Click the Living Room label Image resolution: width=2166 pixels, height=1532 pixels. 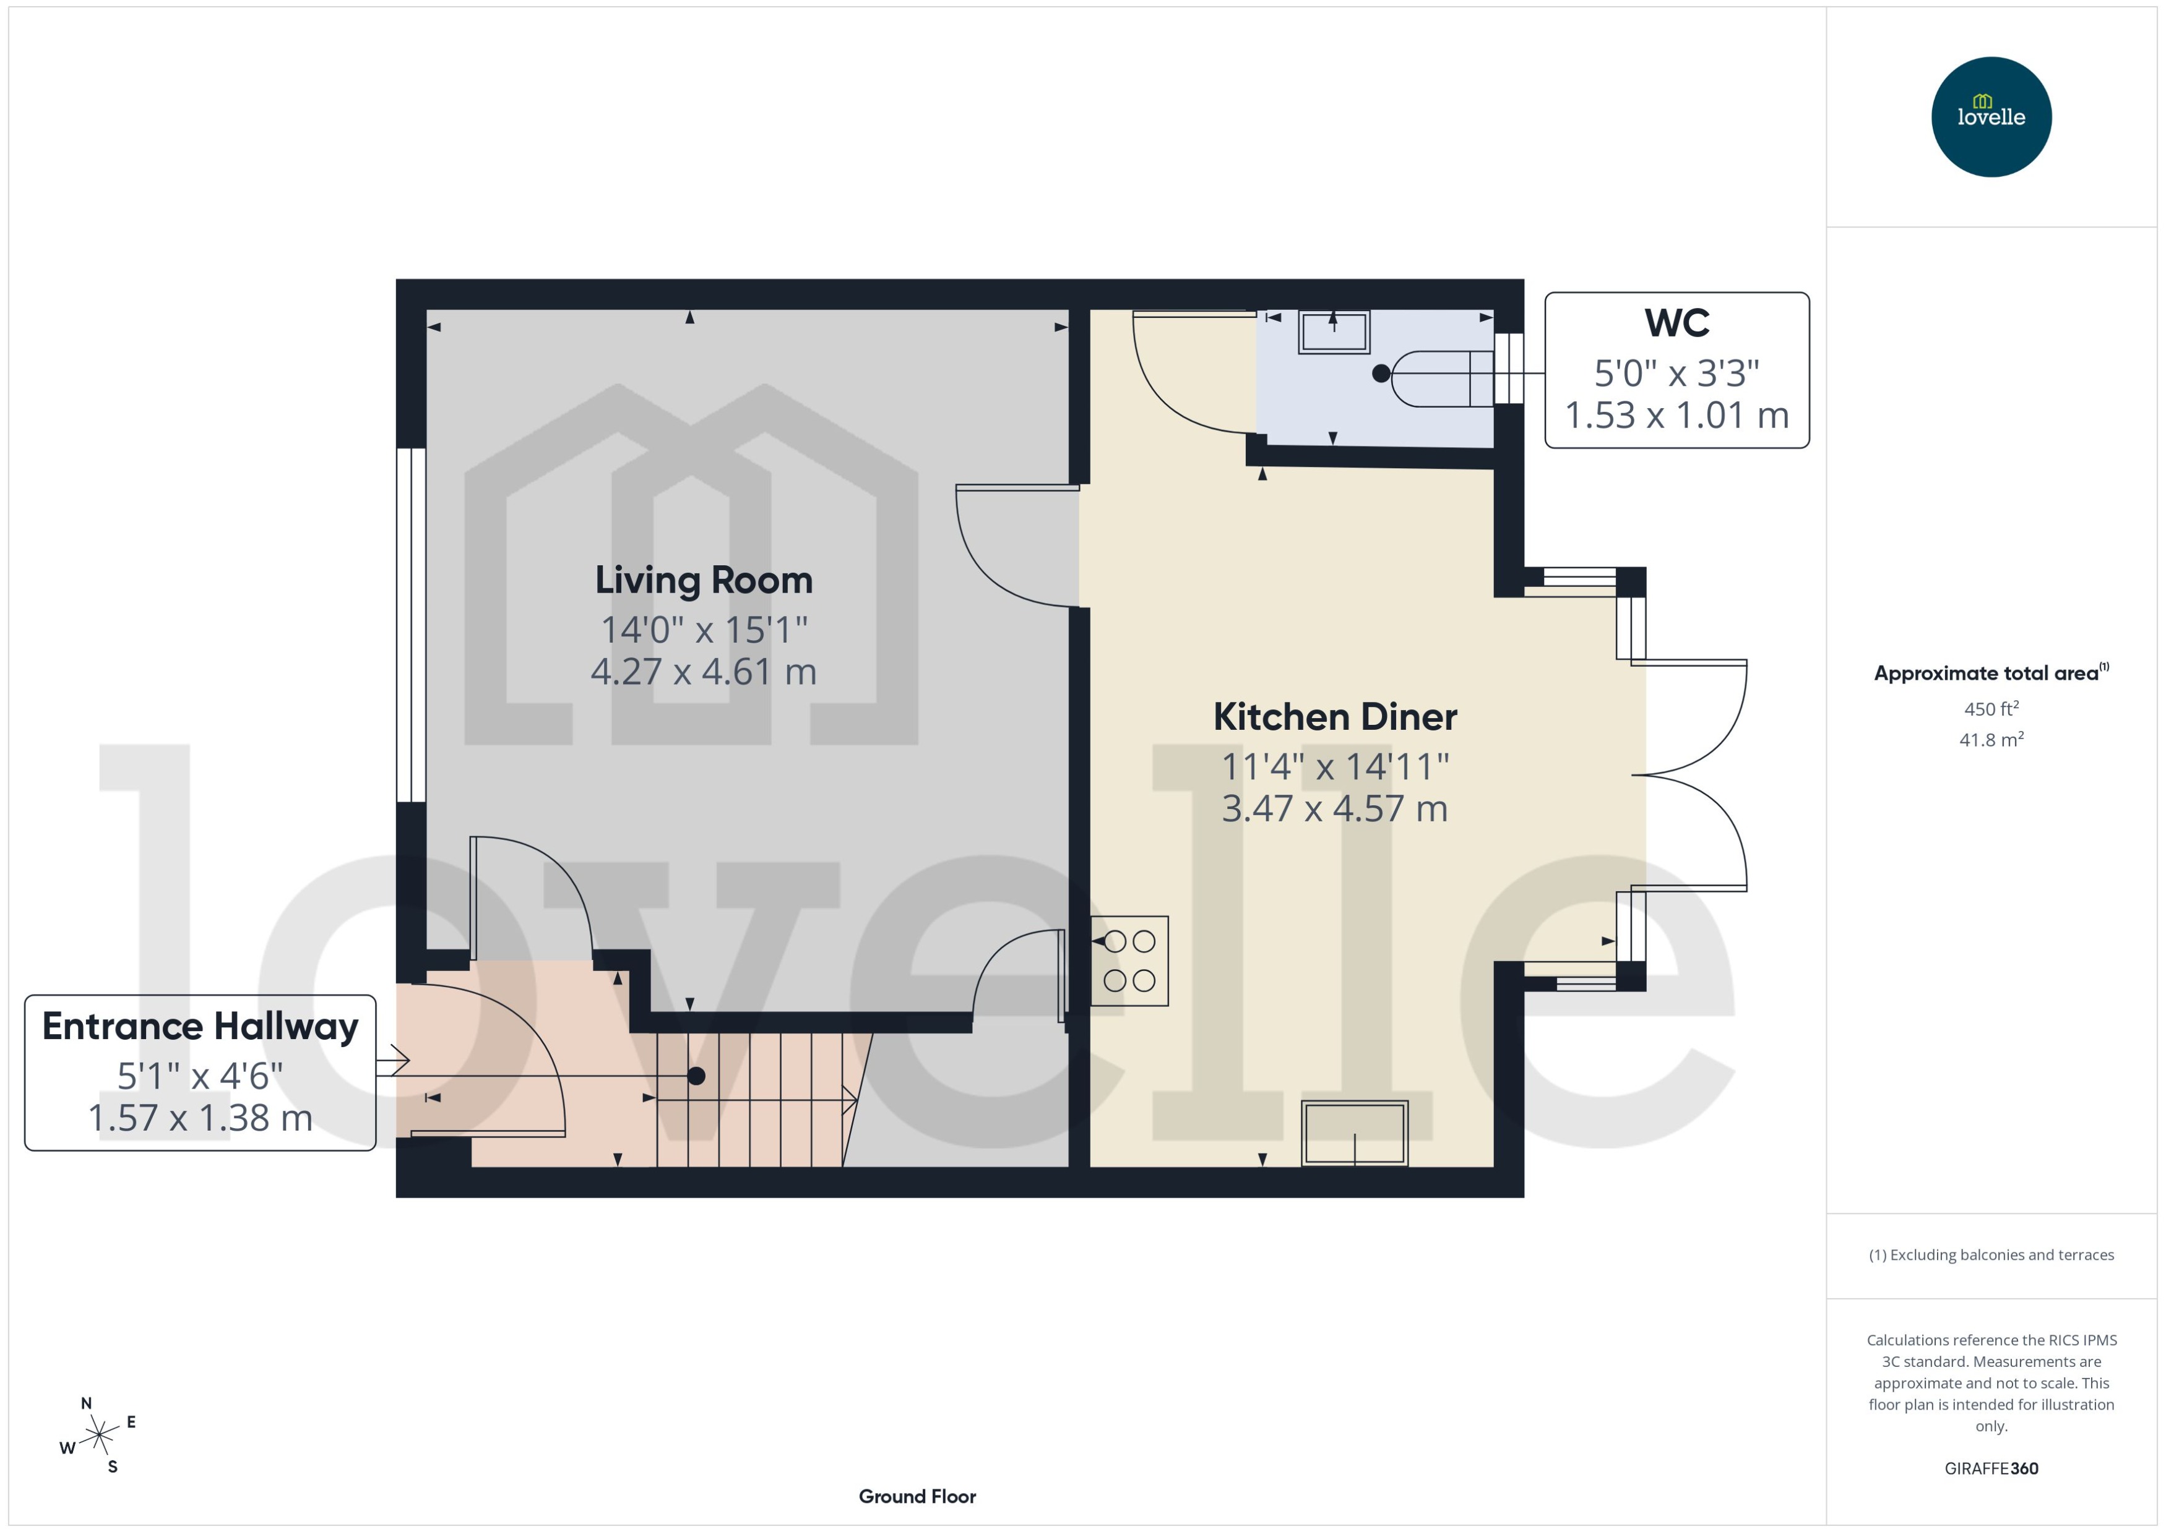pyautogui.click(x=703, y=580)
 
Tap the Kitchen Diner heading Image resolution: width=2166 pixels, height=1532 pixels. pyautogui.click(x=1334, y=717)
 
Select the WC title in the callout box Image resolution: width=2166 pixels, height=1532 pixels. pyautogui.click(x=1676, y=323)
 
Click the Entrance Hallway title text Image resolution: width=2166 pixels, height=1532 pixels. pyautogui.click(x=200, y=1026)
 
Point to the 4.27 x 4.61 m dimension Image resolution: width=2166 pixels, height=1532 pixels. pyautogui.click(x=703, y=672)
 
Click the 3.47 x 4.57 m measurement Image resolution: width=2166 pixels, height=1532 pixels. pyautogui.click(x=1334, y=808)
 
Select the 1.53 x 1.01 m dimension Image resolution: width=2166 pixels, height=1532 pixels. pyautogui.click(x=1676, y=415)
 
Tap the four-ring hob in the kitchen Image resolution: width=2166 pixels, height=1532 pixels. pyautogui.click(x=1129, y=961)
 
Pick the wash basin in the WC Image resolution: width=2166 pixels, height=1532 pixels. pyautogui.click(x=1334, y=332)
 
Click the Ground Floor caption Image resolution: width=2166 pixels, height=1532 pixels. pyautogui.click(x=917, y=1496)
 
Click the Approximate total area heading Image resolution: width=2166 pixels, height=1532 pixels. pyautogui.click(x=1987, y=674)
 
